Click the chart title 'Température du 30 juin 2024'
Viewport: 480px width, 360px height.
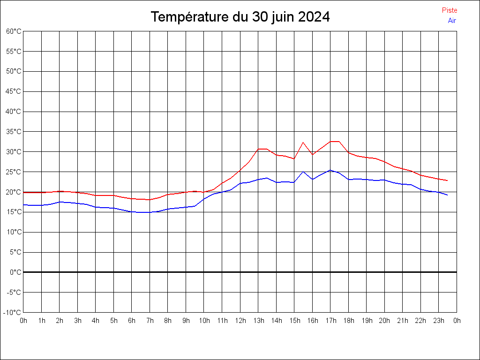(x=240, y=17)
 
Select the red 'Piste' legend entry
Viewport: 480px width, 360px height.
(x=450, y=10)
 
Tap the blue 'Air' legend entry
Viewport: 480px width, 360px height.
(x=452, y=21)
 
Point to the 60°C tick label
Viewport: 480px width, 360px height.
(x=14, y=31)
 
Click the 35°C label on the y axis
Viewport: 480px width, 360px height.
(x=14, y=132)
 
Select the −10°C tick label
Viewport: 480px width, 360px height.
(x=13, y=312)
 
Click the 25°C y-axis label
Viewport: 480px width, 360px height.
(x=14, y=172)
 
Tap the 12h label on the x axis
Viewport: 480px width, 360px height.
(x=240, y=321)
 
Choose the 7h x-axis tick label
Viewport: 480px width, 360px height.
(x=150, y=321)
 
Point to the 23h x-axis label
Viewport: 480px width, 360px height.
(x=439, y=321)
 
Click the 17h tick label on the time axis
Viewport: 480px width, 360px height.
(x=330, y=321)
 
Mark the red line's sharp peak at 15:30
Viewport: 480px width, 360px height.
(x=303, y=142)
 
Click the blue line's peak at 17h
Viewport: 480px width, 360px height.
(x=330, y=170)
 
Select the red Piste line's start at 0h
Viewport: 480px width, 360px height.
(x=24, y=192)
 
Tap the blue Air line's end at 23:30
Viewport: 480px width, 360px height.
(x=447, y=195)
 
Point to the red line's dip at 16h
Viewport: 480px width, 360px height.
(x=313, y=154)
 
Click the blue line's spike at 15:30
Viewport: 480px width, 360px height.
(x=303, y=172)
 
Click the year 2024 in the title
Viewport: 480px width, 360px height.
(x=314, y=17)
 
